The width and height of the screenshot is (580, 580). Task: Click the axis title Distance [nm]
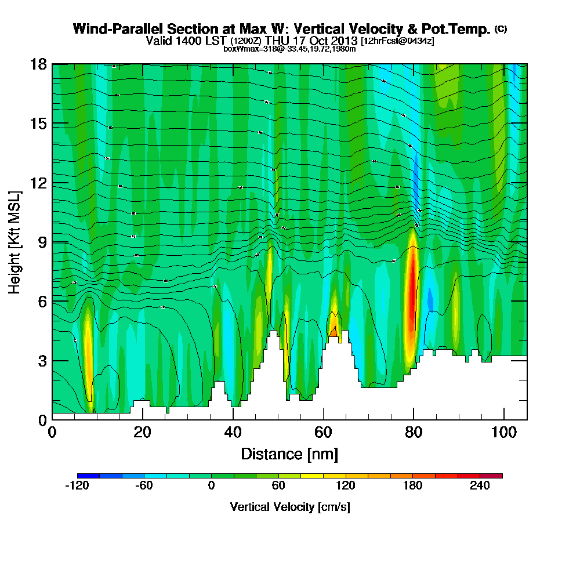[x=289, y=454]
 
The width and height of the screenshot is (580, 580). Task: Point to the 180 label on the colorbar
[x=413, y=487]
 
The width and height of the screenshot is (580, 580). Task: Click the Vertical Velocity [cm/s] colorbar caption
[x=289, y=507]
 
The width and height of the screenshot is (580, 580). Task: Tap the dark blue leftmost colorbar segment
[x=88, y=476]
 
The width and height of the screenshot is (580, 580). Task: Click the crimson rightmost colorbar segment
[x=491, y=476]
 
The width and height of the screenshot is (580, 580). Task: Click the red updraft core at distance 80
[x=412, y=290]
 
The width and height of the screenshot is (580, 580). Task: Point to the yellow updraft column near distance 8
[x=88, y=342]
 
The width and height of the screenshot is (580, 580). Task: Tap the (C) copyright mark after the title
[x=501, y=28]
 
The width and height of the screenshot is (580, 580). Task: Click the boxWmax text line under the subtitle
[x=289, y=49]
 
